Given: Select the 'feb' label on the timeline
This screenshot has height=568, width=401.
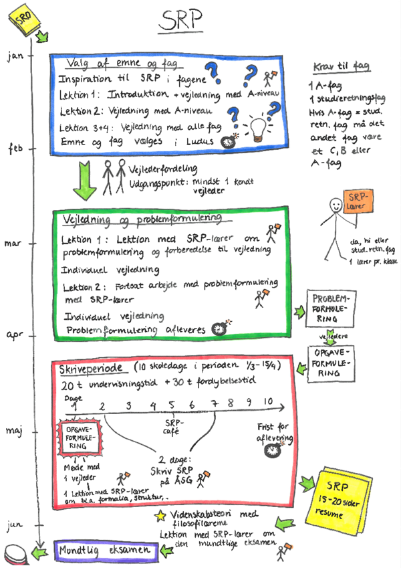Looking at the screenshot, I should [x=17, y=148].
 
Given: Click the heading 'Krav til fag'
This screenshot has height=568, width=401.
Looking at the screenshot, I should [x=342, y=67].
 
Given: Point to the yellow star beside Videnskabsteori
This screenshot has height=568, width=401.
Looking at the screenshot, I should [x=160, y=515].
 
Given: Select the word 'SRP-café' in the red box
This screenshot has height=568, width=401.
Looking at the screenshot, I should [x=174, y=427].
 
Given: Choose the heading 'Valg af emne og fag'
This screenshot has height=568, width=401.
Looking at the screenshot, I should [x=114, y=64].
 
